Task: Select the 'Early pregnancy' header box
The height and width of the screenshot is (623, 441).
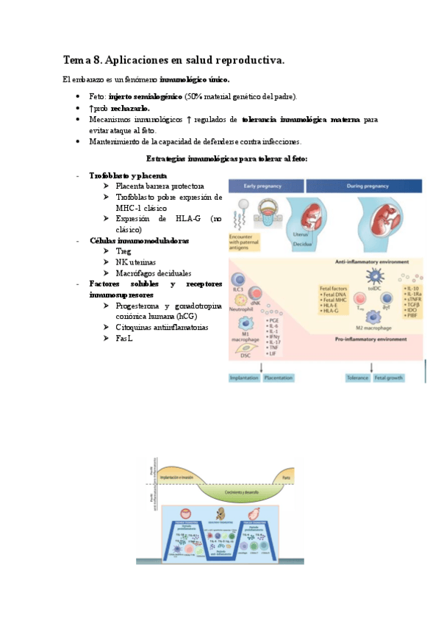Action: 265,187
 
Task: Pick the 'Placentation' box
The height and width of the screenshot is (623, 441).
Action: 280,378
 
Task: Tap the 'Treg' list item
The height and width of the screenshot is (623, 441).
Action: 123,251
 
